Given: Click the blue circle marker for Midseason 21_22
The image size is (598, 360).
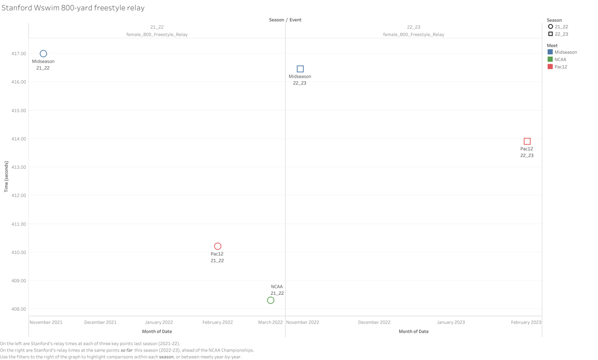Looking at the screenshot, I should click(43, 54).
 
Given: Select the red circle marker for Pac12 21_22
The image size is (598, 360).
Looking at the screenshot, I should click(217, 246).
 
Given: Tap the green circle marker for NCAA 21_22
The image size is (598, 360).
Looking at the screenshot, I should click(271, 300).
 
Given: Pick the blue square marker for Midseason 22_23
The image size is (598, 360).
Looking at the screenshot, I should click(300, 69).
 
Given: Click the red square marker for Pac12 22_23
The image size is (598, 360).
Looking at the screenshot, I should click(527, 141).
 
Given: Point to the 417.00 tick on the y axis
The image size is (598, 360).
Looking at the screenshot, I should click(18, 54).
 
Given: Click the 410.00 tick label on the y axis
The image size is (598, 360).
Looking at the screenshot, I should click(18, 252).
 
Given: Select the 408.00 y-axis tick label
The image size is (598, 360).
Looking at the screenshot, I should click(18, 309).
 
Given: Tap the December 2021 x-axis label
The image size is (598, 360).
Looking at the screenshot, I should click(100, 322).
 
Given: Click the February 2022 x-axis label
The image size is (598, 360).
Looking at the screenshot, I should click(217, 322).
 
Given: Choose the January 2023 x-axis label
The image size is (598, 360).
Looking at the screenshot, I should click(451, 322).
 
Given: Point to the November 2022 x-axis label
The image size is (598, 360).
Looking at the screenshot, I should click(303, 322).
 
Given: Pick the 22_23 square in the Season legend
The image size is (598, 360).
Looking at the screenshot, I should click(551, 34).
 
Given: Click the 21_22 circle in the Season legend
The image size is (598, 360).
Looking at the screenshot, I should click(551, 26).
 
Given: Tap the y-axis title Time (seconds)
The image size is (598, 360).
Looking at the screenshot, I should click(6, 177).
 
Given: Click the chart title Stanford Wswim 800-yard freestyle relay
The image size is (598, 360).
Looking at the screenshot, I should click(74, 8).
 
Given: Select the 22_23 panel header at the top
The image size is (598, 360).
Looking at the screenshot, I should click(414, 27).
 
